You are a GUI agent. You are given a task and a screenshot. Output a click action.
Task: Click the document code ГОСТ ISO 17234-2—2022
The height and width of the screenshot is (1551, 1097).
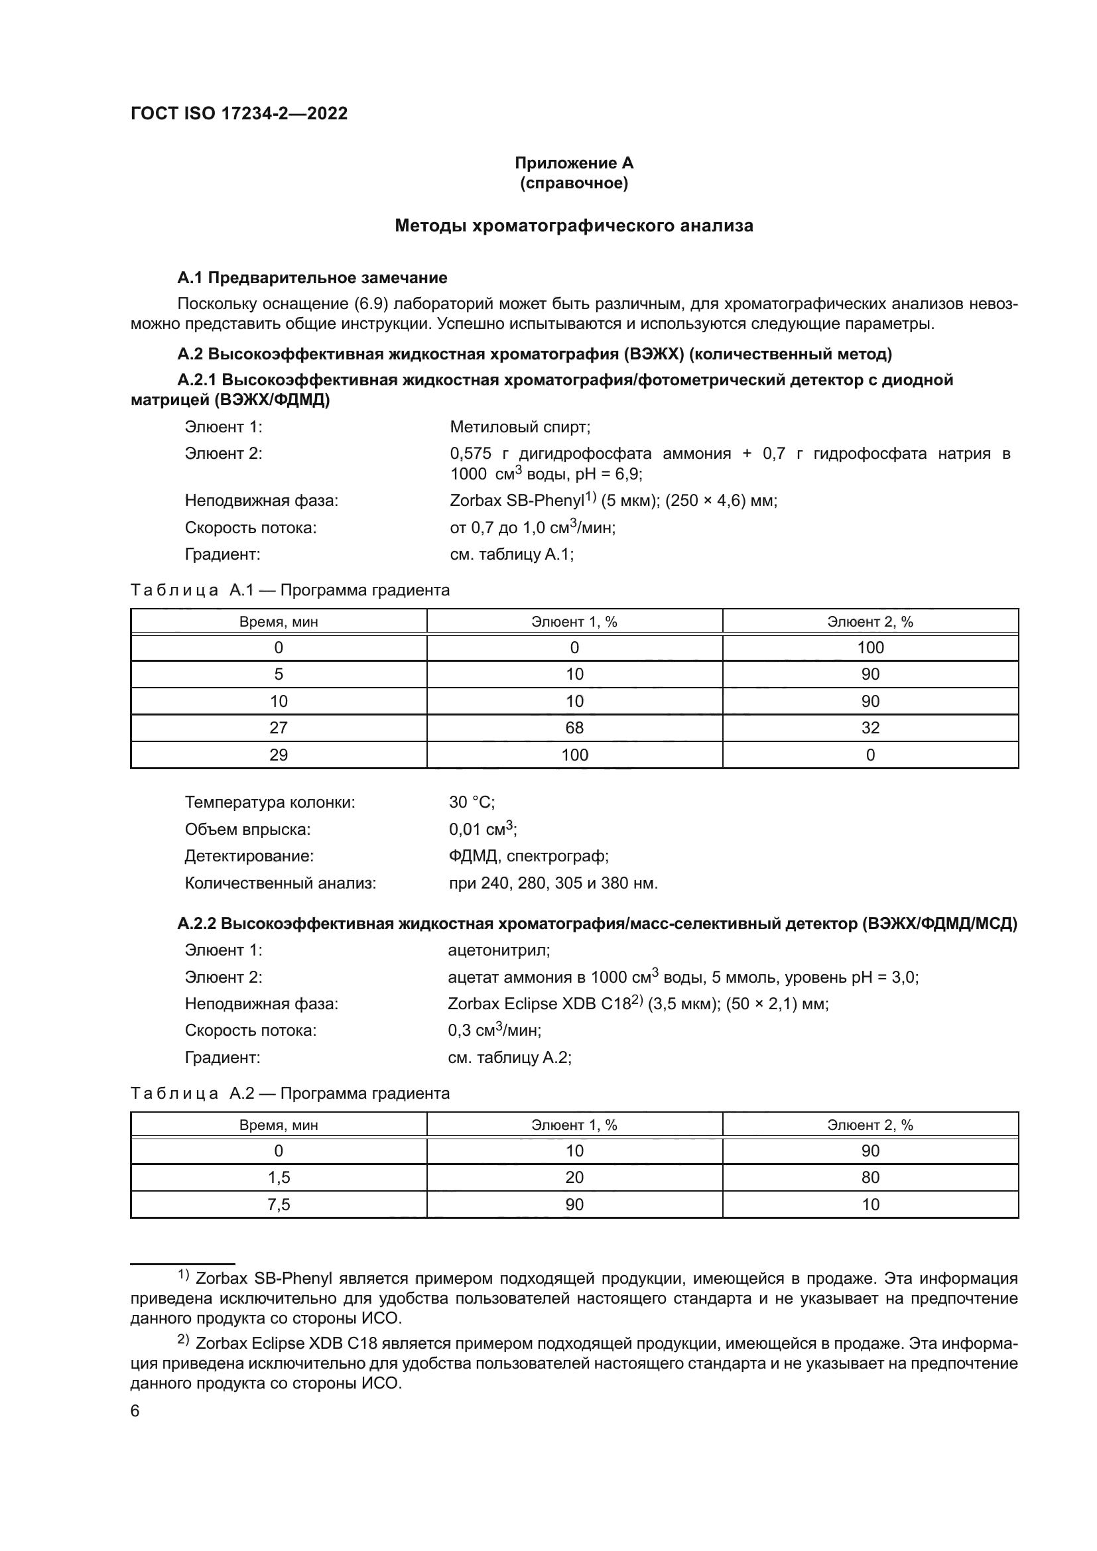[x=239, y=113]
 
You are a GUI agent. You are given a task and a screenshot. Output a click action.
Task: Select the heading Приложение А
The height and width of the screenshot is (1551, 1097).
[x=574, y=163]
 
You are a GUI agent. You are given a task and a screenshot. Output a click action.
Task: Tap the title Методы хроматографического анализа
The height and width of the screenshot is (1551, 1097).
[x=574, y=225]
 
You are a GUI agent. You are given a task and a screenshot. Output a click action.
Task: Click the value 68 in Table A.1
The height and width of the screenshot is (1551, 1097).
[x=574, y=727]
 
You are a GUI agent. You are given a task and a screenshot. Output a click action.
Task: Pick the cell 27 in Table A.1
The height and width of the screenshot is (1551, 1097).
[x=279, y=727]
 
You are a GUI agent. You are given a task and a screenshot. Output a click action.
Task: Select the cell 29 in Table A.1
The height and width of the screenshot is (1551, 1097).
[x=279, y=755]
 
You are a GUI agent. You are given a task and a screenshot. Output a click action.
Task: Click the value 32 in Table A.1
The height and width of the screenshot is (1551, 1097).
[x=870, y=727]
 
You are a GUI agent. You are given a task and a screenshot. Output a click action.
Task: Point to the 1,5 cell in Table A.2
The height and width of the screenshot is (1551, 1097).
[x=279, y=1178]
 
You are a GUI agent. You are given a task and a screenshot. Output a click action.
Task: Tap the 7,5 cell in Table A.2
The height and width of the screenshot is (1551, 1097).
[x=279, y=1204]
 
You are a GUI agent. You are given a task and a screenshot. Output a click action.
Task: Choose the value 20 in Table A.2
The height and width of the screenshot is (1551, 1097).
[x=574, y=1178]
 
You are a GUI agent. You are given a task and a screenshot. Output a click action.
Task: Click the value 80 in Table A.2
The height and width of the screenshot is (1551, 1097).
[x=870, y=1178]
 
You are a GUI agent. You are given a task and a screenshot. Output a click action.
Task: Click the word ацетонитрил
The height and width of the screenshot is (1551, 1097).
[x=499, y=950]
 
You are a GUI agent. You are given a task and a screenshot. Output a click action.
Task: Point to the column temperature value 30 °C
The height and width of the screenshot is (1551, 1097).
[x=472, y=802]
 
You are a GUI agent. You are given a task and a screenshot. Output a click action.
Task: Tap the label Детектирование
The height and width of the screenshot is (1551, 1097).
[x=249, y=856]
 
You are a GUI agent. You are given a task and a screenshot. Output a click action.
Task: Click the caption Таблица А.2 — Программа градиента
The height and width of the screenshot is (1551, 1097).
[x=290, y=1093]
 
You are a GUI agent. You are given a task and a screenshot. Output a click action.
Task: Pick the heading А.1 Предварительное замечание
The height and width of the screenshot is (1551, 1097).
[x=312, y=278]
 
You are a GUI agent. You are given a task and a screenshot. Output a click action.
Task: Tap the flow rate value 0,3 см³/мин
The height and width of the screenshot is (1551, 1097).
[x=494, y=1030]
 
